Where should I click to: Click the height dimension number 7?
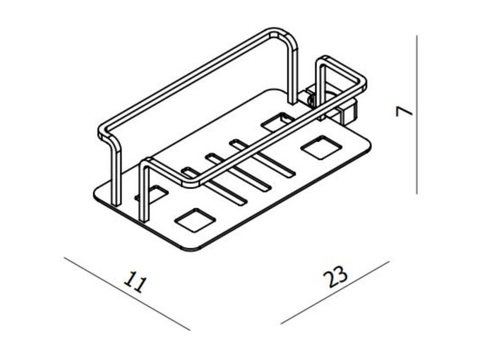click(404, 112)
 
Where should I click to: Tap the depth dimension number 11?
click(135, 282)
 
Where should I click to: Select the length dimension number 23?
click(335, 277)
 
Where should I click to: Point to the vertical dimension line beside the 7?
click(417, 114)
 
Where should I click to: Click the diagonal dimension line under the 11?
click(126, 294)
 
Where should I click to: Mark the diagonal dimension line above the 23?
click(335, 293)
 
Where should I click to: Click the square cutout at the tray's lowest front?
click(194, 220)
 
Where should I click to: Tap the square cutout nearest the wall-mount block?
click(321, 147)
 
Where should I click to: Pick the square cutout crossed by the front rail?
click(278, 122)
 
